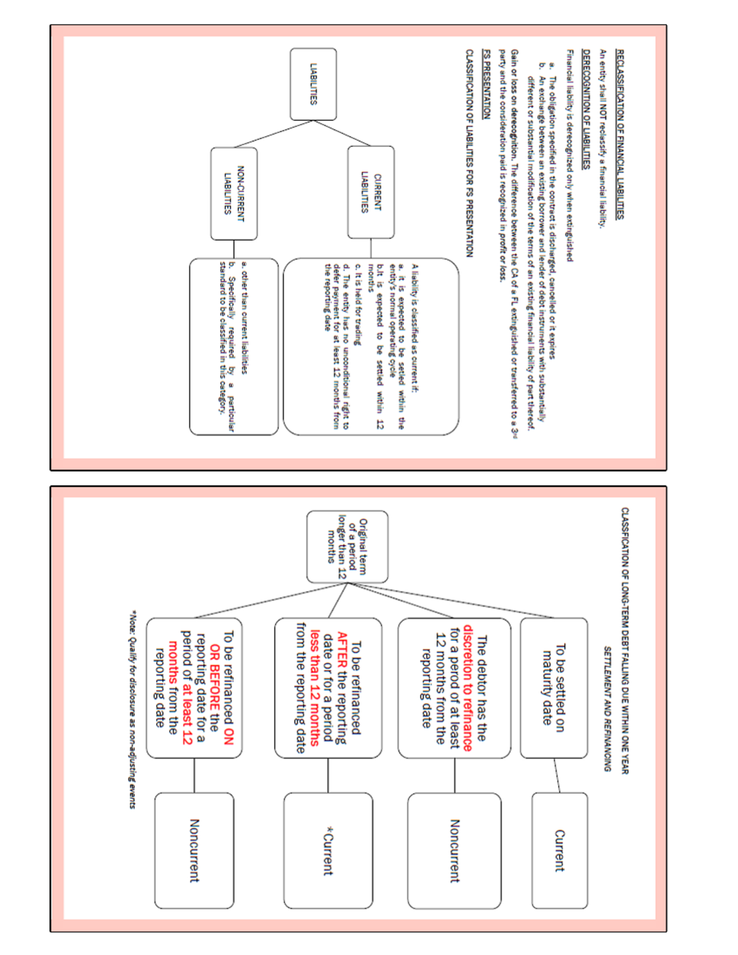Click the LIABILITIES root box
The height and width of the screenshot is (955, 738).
click(x=313, y=84)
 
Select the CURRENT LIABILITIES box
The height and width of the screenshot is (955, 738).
click(x=370, y=192)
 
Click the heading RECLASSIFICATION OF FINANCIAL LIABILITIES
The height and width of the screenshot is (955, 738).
click(x=619, y=134)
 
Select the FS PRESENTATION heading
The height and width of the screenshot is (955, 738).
click(x=486, y=84)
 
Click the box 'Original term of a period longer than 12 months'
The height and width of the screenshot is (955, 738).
click(x=347, y=547)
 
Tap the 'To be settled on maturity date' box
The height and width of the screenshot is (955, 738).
click(x=553, y=688)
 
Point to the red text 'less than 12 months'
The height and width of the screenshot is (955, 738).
click(x=314, y=688)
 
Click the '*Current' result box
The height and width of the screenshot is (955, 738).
click(x=328, y=850)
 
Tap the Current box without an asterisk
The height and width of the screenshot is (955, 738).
click(x=559, y=850)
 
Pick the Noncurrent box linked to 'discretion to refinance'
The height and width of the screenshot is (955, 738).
click(x=454, y=850)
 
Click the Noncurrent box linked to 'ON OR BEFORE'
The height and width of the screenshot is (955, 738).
click(x=194, y=850)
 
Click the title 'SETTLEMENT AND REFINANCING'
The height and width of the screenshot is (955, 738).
click(x=607, y=708)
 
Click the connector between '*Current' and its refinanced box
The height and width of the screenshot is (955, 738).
click(x=328, y=775)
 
